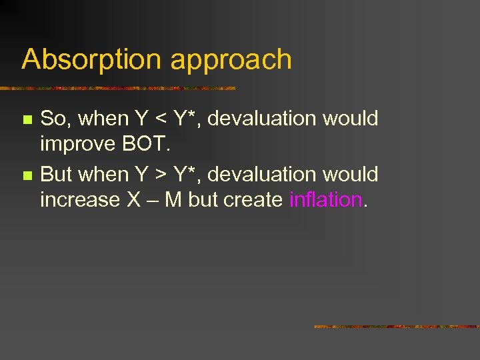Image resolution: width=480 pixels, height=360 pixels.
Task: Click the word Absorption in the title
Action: (93, 60)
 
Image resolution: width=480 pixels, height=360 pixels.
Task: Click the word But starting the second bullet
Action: (57, 175)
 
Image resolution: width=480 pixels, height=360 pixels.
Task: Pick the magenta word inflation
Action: (325, 199)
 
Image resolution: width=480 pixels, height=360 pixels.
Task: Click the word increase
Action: (80, 199)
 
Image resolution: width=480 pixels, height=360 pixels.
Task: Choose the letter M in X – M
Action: (173, 199)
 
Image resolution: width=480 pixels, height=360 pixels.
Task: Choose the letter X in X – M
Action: (133, 199)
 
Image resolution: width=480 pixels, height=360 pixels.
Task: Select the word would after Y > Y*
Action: (351, 175)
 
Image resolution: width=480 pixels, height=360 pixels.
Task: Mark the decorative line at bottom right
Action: (396, 327)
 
